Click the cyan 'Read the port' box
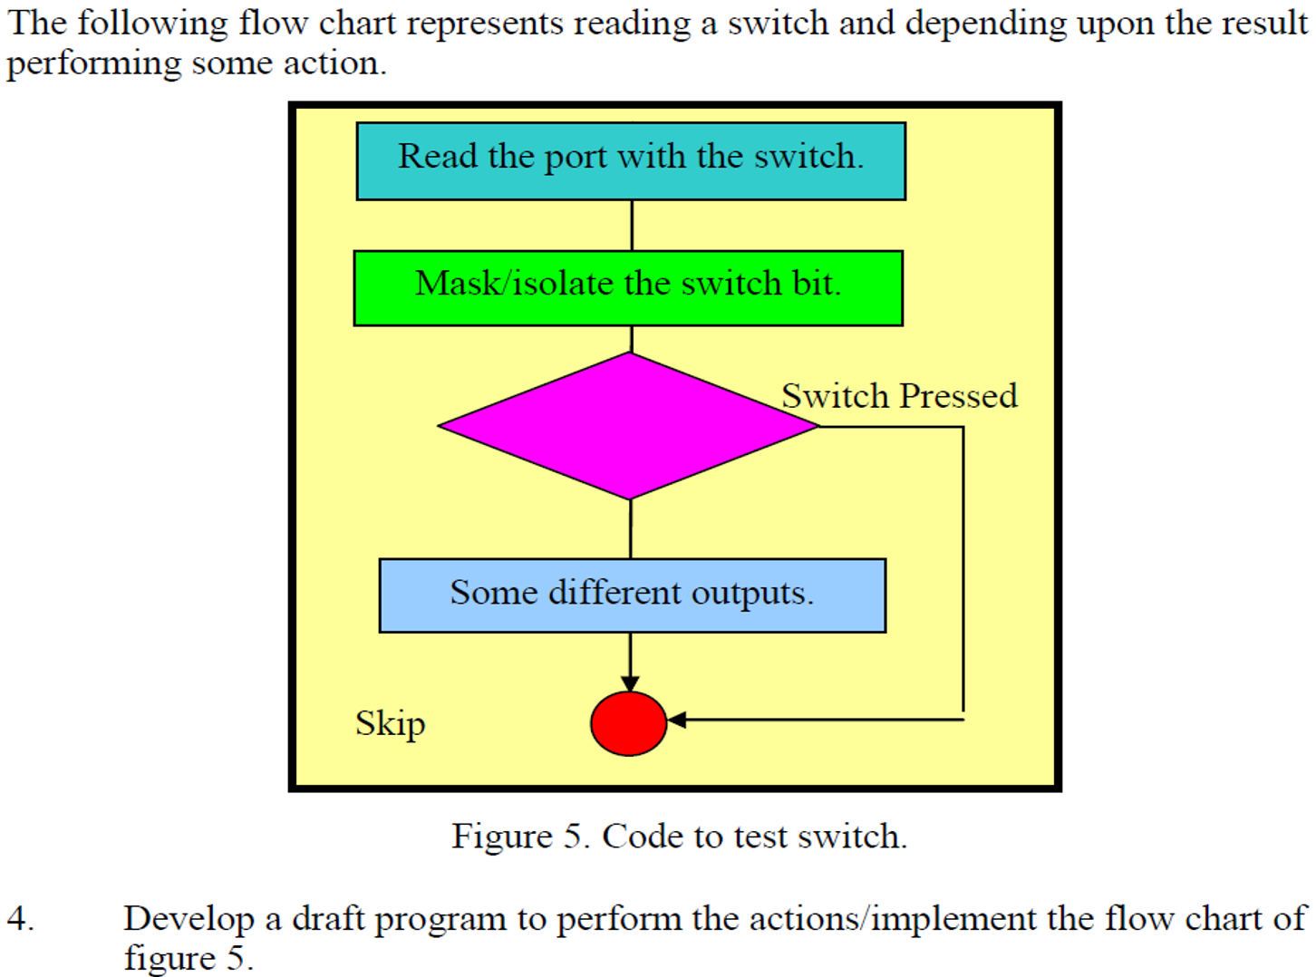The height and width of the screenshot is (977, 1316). (x=631, y=161)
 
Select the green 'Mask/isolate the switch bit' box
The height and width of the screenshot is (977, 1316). (x=628, y=288)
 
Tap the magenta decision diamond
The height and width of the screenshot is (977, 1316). (x=628, y=426)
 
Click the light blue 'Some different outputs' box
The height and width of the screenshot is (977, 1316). (x=632, y=595)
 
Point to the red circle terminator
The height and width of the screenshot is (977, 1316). (x=628, y=723)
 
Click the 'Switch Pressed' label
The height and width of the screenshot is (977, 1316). (x=899, y=396)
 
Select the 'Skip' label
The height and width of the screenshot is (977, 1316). (x=390, y=723)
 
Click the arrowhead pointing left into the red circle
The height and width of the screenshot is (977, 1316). (x=676, y=720)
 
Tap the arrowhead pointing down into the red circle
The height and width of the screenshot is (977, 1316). (x=630, y=683)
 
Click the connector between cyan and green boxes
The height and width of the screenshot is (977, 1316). (x=632, y=225)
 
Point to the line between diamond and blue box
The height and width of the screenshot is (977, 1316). (x=631, y=528)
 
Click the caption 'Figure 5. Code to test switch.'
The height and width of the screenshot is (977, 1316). (x=679, y=836)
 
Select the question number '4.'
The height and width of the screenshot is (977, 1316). (x=20, y=919)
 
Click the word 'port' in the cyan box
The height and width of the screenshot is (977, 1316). (x=575, y=157)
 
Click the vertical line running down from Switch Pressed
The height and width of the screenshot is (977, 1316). (x=963, y=571)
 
